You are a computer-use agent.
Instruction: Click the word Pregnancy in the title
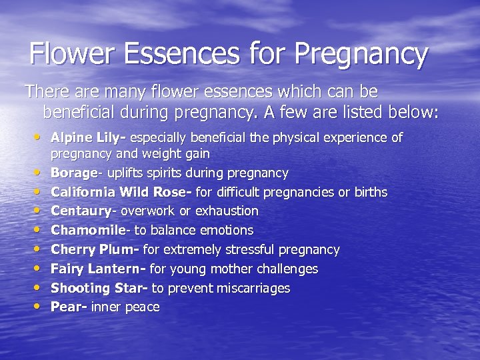tap(360, 55)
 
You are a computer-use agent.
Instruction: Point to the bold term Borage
tap(74, 173)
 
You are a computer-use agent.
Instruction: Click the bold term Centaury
tap(80, 211)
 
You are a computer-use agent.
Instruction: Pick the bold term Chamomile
tap(87, 230)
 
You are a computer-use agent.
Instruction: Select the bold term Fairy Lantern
tap(97, 269)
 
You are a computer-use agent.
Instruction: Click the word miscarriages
tap(253, 288)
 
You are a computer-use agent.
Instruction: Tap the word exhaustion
tap(227, 211)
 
